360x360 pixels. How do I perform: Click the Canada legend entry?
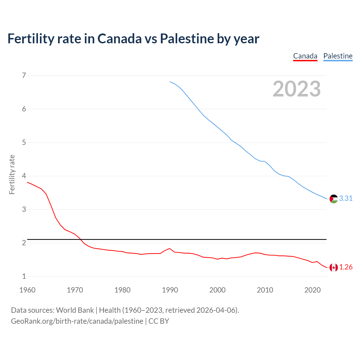[x=305, y=56]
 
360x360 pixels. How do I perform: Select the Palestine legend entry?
[x=338, y=56]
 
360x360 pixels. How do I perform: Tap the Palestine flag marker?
[x=334, y=199]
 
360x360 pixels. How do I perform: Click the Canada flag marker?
[x=334, y=267]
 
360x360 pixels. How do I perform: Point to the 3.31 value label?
[x=346, y=199]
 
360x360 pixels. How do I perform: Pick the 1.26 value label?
[x=346, y=267]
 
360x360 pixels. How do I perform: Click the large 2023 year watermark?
[x=297, y=89]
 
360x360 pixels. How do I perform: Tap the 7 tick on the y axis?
[x=24, y=75]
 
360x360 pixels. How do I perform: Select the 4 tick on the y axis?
[x=24, y=176]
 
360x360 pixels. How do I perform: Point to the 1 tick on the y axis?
[x=24, y=276]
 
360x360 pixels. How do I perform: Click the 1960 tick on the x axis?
[x=27, y=290]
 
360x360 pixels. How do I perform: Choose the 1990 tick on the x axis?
[x=170, y=290]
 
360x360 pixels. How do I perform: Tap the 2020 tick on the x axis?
[x=312, y=290]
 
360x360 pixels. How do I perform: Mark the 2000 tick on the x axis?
[x=217, y=290]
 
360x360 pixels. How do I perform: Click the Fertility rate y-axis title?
[x=12, y=174]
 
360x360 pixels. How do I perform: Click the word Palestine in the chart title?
[x=187, y=39]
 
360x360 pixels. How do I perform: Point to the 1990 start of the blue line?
[x=170, y=82]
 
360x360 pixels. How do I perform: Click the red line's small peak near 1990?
[x=170, y=249]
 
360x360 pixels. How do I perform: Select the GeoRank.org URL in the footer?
[x=77, y=321]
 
